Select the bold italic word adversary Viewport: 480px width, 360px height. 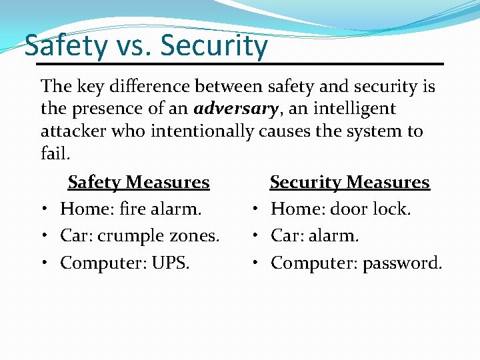pyautogui.click(x=235, y=108)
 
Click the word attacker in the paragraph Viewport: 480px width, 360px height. pyautogui.click(x=72, y=131)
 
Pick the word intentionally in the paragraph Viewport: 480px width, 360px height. pyautogui.click(x=202, y=131)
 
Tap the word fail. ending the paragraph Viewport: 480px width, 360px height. pyautogui.click(x=55, y=153)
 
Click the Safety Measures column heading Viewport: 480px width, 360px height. pyautogui.click(x=139, y=182)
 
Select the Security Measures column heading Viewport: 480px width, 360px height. pyautogui.click(x=349, y=182)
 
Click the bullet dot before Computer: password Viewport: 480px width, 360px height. pyautogui.click(x=255, y=263)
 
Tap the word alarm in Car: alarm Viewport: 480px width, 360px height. pyautogui.click(x=339, y=236)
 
